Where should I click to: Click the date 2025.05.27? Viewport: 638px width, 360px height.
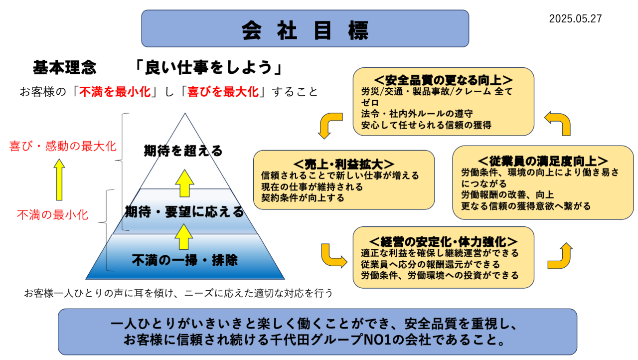pos(575,19)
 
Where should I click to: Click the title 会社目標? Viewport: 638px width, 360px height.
pos(305,29)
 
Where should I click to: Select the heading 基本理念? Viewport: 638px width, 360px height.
pos(64,67)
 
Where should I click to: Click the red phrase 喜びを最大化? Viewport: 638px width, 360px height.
pos(223,92)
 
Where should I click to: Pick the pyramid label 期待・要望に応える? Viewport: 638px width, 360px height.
pos(184,212)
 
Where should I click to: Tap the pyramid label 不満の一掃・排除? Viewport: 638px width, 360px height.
pos(184,260)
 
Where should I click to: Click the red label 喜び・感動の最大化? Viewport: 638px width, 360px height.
pos(63,146)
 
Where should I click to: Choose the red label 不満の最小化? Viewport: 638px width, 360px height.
pos(52,215)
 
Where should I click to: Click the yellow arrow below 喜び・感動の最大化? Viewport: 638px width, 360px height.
pos(59,180)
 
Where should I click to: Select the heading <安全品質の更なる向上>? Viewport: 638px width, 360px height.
pos(443,80)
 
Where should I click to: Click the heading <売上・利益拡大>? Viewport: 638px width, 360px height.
pos(344,164)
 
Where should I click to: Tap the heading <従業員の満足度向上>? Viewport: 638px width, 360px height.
pos(543,161)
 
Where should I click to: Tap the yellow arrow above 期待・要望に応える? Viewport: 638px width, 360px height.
pos(184,183)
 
